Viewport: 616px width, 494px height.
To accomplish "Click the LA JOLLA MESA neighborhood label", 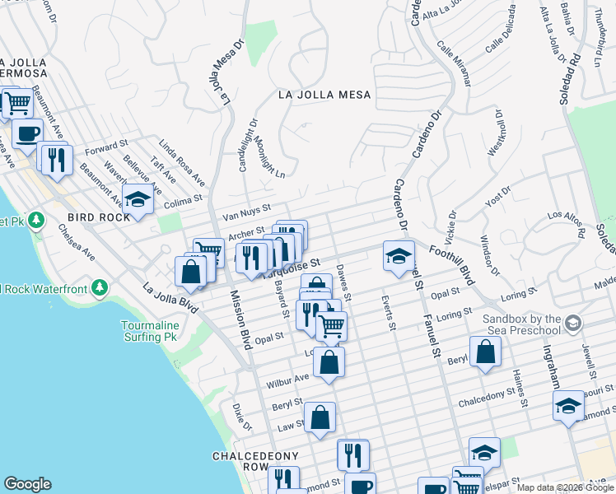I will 324,95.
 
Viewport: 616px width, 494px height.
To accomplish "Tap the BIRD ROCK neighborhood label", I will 100,217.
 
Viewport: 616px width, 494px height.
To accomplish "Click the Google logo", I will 27,484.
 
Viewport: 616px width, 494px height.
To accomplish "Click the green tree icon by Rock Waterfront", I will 100,287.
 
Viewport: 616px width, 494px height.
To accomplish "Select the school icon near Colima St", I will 138,199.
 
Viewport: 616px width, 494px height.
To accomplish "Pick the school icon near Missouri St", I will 568,406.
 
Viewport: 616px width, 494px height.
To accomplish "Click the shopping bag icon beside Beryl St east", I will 486,351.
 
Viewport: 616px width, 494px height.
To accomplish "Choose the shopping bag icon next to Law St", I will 320,417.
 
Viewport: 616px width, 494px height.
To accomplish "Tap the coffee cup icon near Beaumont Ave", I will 27,133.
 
